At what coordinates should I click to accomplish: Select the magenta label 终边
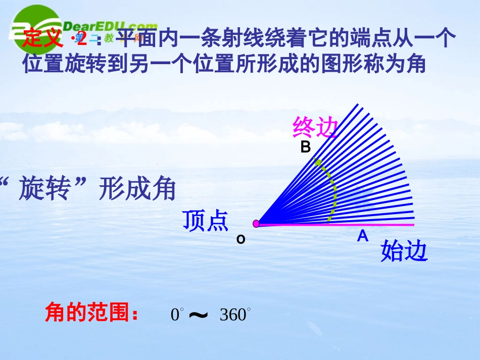pos(314,128)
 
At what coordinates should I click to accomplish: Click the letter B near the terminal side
pos(305,147)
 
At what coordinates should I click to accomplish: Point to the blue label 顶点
pos(206,221)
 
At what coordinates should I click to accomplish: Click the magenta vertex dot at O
pos(256,224)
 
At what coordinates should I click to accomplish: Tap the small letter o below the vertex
pos(241,239)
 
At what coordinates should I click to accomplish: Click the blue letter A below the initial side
pos(362,236)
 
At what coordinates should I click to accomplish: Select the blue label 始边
pos(404,251)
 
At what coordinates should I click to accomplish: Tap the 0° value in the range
pos(176,315)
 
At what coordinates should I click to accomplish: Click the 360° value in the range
pos(235,315)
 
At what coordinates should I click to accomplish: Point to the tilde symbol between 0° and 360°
pos(199,315)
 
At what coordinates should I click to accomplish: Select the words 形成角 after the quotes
pos(137,190)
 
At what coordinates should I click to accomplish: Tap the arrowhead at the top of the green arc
pos(317,162)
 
